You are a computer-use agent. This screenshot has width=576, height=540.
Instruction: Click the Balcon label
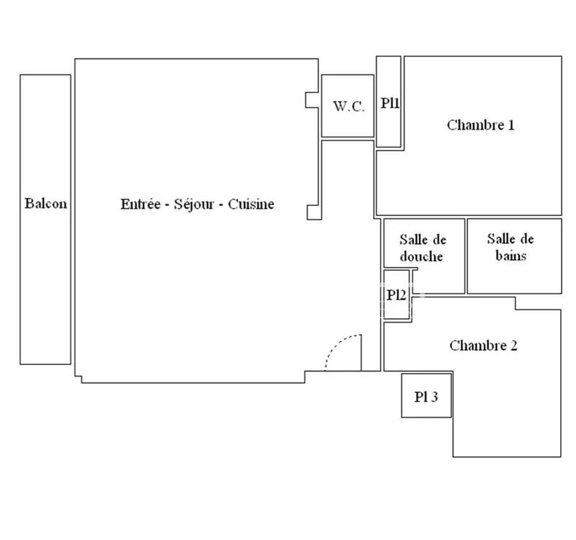[45, 204]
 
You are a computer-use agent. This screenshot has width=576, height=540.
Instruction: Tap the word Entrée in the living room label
[140, 204]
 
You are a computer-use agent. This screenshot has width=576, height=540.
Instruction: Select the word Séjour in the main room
[193, 204]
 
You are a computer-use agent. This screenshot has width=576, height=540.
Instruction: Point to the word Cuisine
[251, 204]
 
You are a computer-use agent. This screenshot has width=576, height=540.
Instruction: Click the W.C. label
[348, 106]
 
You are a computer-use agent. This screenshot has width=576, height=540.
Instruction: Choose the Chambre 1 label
[480, 125]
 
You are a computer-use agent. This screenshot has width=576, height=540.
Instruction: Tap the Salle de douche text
[422, 248]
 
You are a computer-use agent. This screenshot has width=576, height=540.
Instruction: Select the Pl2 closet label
[395, 294]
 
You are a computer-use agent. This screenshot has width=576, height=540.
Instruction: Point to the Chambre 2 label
[483, 346]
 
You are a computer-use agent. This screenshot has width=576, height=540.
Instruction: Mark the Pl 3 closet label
[426, 396]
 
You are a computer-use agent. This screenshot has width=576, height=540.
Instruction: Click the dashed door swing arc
[338, 346]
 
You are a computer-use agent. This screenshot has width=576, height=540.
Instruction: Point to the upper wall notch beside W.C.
[312, 100]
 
